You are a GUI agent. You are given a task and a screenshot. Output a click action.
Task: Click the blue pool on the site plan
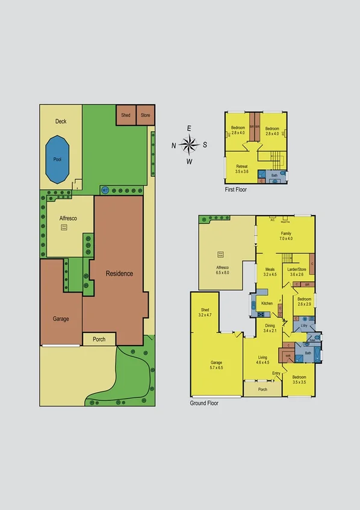pos(57,160)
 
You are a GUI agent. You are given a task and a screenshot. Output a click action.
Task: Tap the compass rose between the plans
pos(189,145)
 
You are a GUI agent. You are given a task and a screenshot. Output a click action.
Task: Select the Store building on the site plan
pos(145,115)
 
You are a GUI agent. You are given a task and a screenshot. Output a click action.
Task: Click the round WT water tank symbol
pos(105,190)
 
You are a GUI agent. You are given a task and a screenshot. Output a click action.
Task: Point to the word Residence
pos(119,273)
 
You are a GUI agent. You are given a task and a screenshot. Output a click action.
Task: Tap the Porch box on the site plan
pos(99,339)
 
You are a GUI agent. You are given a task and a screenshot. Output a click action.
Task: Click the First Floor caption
pos(235,189)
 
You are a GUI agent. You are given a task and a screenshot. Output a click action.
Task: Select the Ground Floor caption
pos(204,403)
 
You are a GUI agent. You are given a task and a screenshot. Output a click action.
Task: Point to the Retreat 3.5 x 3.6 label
pos(242,169)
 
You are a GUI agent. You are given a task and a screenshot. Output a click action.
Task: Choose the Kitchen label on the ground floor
pos(267,303)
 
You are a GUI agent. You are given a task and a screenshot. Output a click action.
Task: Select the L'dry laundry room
pos(304,326)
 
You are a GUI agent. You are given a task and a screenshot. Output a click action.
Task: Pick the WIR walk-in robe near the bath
pos(288,356)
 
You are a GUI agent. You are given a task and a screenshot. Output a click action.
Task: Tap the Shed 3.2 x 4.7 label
pos(205,313)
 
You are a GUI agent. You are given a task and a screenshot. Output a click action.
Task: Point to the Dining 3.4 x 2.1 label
pos(269,328)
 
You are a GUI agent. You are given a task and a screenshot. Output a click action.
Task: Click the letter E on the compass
pos(189,128)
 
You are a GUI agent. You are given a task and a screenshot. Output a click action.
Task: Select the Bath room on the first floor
pos(275,176)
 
